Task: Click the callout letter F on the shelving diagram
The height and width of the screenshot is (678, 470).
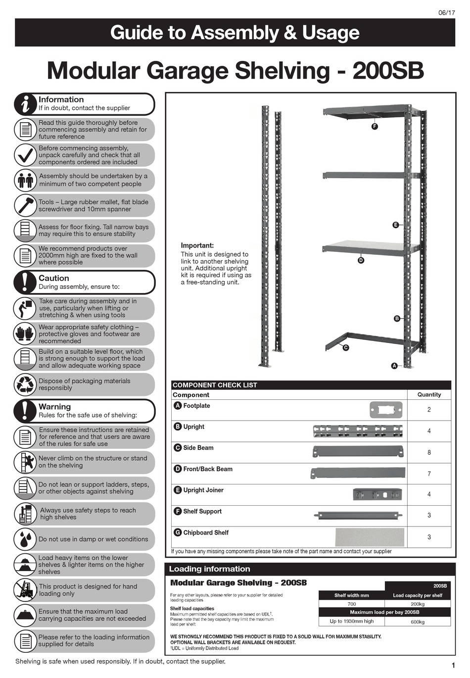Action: click(375, 126)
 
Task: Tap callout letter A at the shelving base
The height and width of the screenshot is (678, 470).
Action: click(394, 366)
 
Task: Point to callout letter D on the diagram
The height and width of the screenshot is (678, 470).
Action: click(361, 260)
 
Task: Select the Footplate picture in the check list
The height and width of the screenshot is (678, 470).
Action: click(386, 410)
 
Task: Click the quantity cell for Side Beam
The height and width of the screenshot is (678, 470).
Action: click(429, 452)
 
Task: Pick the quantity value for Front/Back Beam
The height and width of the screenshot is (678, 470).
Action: click(429, 474)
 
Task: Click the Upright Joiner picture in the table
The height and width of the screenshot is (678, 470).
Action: click(377, 494)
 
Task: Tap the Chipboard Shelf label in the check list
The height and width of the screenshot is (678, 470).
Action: click(206, 533)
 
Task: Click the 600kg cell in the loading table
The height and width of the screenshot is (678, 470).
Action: click(418, 622)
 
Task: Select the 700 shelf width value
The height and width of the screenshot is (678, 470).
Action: click(351, 604)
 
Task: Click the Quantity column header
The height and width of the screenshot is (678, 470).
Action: click(429, 394)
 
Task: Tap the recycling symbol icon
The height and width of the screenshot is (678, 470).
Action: click(24, 385)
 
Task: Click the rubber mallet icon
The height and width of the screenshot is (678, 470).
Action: click(24, 205)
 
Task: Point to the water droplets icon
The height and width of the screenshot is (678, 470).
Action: click(24, 539)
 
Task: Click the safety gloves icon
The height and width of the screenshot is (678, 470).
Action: click(24, 334)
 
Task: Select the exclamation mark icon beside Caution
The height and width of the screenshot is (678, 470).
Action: click(24, 282)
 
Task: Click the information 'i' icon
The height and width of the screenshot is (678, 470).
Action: click(24, 103)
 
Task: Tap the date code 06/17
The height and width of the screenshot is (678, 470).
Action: click(446, 13)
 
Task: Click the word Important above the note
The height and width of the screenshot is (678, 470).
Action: click(197, 245)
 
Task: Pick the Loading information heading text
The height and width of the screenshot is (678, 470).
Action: click(210, 569)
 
